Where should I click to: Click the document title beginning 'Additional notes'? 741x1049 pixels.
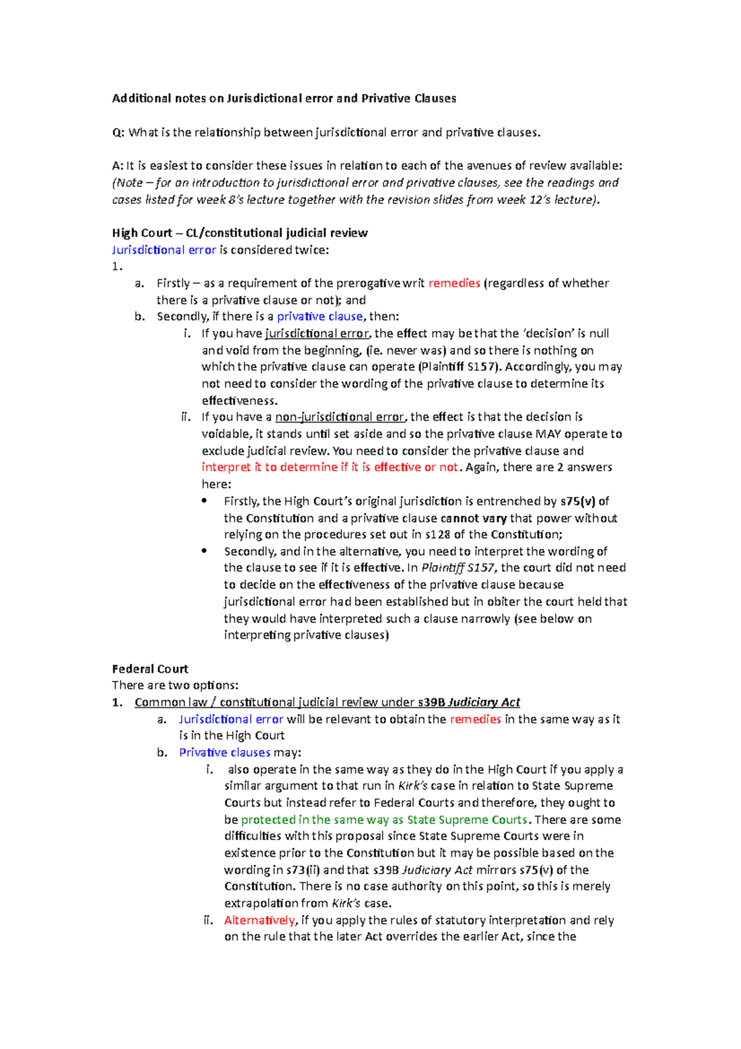pos(283,98)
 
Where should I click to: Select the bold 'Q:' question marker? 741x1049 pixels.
pos(118,132)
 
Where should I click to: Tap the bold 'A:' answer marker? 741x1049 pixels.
pos(117,166)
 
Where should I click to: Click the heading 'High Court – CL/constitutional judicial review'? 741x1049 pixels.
pos(240,233)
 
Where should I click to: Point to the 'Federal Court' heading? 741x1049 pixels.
pos(150,669)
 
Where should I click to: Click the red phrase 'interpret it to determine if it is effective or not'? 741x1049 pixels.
pos(330,468)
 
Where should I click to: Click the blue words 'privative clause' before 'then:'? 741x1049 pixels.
pos(319,317)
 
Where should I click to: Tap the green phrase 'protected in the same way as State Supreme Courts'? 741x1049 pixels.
pos(384,820)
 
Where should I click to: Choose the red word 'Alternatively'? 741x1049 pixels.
pos(259,921)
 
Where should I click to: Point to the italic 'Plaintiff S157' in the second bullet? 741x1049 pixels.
pos(458,568)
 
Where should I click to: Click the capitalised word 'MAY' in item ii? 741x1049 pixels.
pos(548,434)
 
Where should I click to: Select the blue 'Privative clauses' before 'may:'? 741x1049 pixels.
pos(224,752)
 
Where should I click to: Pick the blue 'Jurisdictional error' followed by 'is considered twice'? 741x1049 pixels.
pos(164,250)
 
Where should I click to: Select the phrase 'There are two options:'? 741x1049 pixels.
pos(175,686)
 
